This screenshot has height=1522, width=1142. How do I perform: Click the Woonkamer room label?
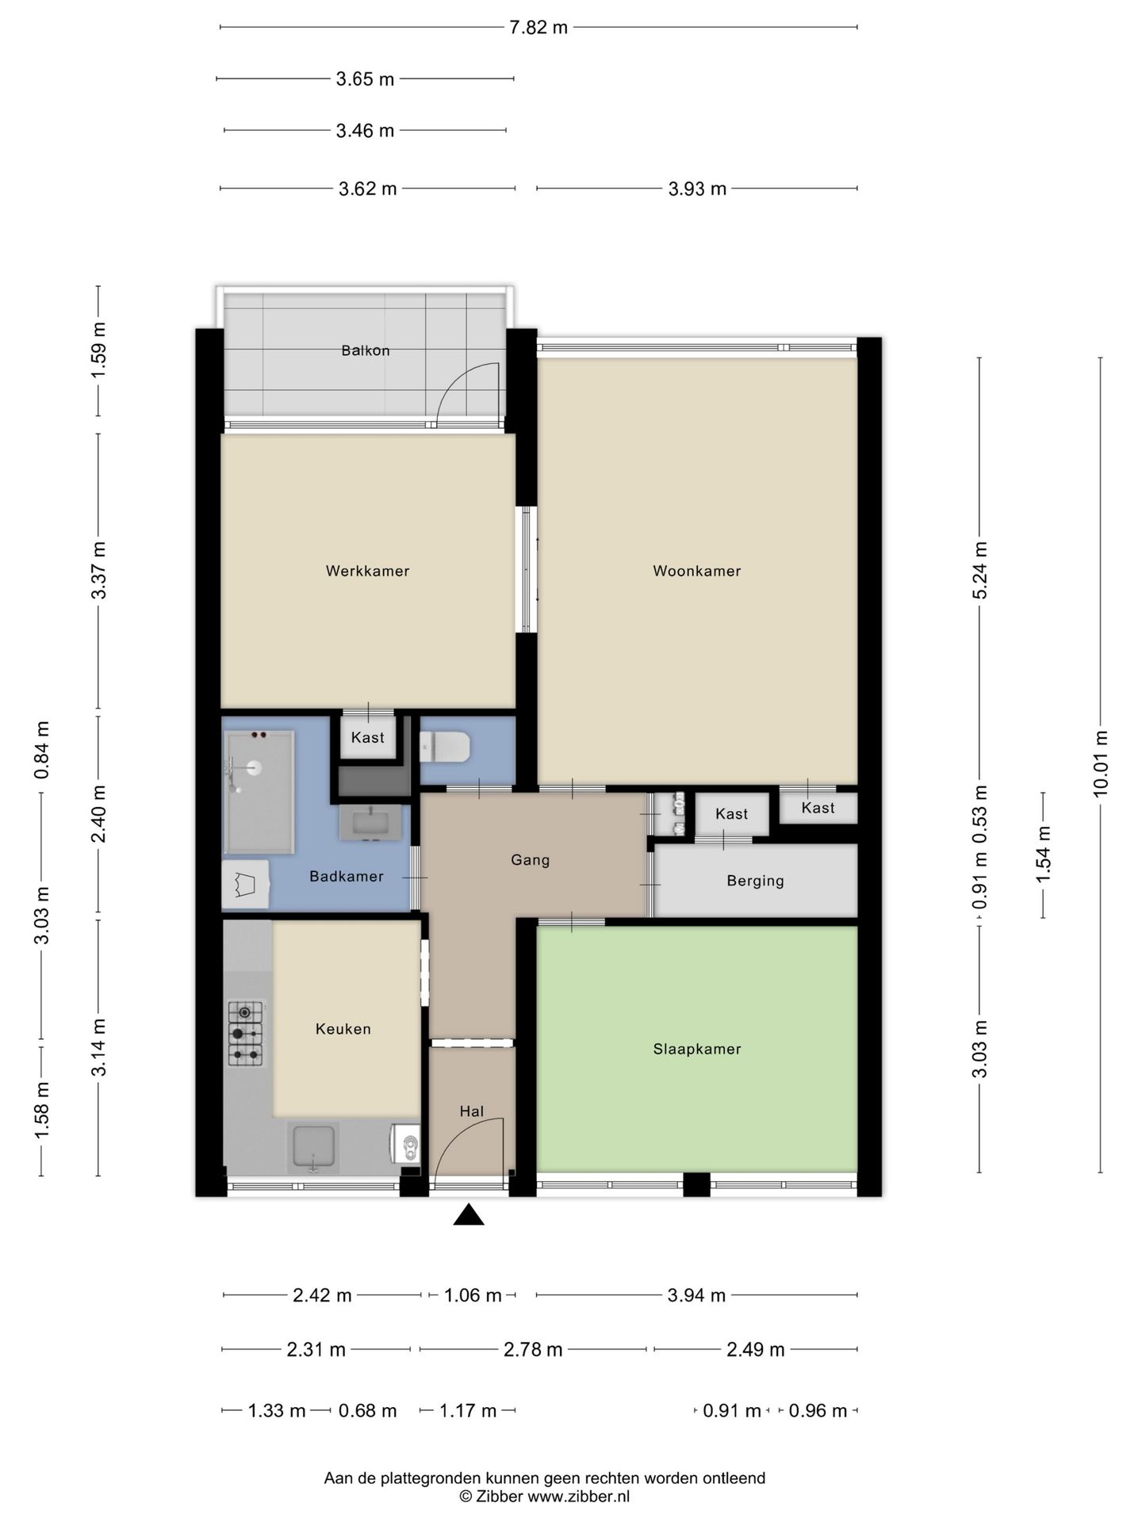point(696,571)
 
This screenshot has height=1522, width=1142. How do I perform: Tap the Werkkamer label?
point(367,571)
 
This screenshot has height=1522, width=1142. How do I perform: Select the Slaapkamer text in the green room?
point(697,1049)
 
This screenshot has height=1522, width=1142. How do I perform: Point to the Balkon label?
point(366,350)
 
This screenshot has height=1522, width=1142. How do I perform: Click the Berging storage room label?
point(755,881)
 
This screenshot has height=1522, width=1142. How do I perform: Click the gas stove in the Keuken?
point(246,1033)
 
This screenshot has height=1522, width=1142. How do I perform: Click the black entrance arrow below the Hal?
point(469,1214)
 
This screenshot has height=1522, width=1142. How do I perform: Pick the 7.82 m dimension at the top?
point(538,28)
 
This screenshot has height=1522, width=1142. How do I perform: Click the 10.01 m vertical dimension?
point(1100,763)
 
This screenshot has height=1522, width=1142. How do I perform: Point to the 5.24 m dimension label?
point(980,571)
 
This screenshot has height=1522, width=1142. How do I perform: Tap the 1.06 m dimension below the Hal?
point(473,1295)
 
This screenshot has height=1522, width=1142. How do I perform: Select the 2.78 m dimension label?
point(533,1349)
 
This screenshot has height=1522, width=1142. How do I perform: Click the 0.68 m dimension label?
point(367,1410)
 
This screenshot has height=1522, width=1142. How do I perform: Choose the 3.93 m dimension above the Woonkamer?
point(697,189)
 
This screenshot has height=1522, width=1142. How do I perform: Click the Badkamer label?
point(347,876)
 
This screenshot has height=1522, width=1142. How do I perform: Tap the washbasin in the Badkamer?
point(370,822)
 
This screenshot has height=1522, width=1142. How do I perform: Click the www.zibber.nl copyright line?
point(545,1497)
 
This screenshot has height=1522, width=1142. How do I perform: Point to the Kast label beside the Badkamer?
point(367,737)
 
